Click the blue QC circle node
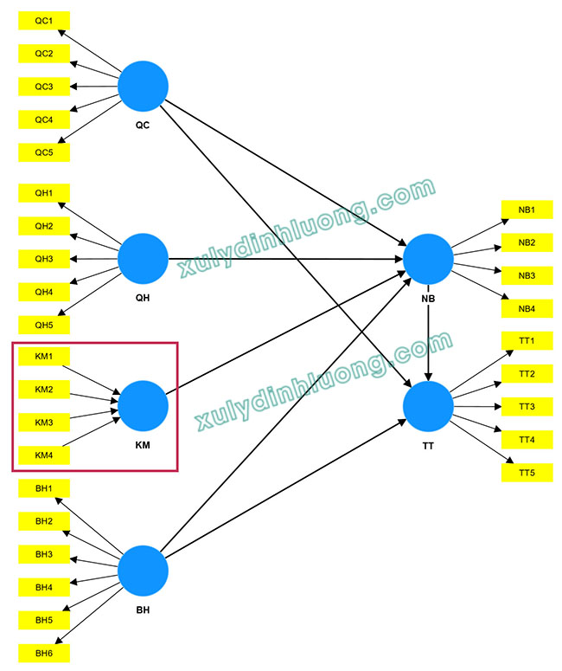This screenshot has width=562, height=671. click(x=143, y=86)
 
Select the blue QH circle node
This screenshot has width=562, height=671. click(x=143, y=258)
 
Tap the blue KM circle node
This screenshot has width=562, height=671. click(x=143, y=405)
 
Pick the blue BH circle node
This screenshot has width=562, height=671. click(x=143, y=571)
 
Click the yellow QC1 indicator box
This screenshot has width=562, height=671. click(x=44, y=21)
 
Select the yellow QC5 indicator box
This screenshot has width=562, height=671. click(x=44, y=152)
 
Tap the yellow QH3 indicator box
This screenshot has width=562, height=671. click(x=44, y=259)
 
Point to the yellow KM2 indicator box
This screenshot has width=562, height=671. click(x=44, y=390)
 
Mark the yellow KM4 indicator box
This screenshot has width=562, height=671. click(x=44, y=455)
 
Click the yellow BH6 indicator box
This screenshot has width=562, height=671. click(x=44, y=653)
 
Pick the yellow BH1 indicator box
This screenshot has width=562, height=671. click(x=44, y=489)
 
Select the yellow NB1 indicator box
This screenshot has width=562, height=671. click(x=527, y=210)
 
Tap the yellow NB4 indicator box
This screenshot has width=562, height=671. click(x=527, y=308)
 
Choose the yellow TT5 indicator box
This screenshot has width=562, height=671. click(x=527, y=473)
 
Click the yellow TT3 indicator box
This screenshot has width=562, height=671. click(x=527, y=407)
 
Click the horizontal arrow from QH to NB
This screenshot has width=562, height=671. click(x=285, y=259)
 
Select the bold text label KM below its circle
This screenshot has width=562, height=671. click(x=143, y=447)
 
